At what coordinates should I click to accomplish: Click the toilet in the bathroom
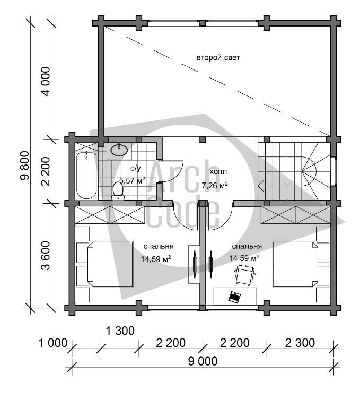pos(118,190)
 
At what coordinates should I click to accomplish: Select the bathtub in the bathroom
pos(86,175)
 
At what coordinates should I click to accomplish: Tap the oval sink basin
pos(119,150)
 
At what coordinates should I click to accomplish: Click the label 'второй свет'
pos(218,58)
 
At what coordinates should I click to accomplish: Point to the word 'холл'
pos(218,172)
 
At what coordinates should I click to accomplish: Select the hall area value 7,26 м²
pos(215,185)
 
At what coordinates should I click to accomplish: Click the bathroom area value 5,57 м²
pos(133,180)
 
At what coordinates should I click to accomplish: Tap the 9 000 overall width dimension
pos(203,361)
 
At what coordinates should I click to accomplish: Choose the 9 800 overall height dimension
pos(25,166)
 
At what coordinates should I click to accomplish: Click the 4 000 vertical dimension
pos(46,81)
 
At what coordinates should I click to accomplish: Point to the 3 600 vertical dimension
pos(46,256)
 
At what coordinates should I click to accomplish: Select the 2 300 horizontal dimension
pos(300,343)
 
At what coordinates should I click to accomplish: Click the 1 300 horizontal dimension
pos(120,331)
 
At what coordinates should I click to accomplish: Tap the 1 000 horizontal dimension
pos(53,343)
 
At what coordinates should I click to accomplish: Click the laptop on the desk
pos(234,297)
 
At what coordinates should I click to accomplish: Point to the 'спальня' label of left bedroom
pos(159,247)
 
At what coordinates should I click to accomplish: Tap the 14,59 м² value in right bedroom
pos(244,258)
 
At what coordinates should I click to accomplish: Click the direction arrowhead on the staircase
pos(260,185)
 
